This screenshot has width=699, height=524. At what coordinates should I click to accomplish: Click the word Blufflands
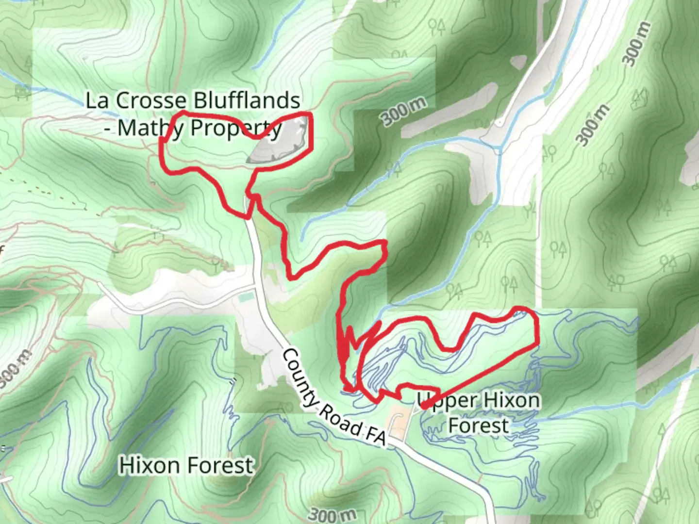pyautogui.click(x=247, y=101)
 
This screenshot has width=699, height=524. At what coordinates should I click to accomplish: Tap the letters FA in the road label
pyautogui.click(x=375, y=434)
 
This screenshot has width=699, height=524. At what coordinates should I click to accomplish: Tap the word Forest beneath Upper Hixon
pyautogui.click(x=479, y=426)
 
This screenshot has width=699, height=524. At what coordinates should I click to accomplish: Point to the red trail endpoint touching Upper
pyautogui.click(x=423, y=406)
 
